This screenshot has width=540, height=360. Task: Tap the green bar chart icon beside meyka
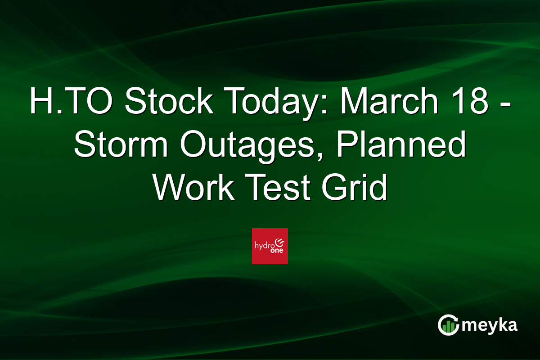(x=448, y=328)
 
